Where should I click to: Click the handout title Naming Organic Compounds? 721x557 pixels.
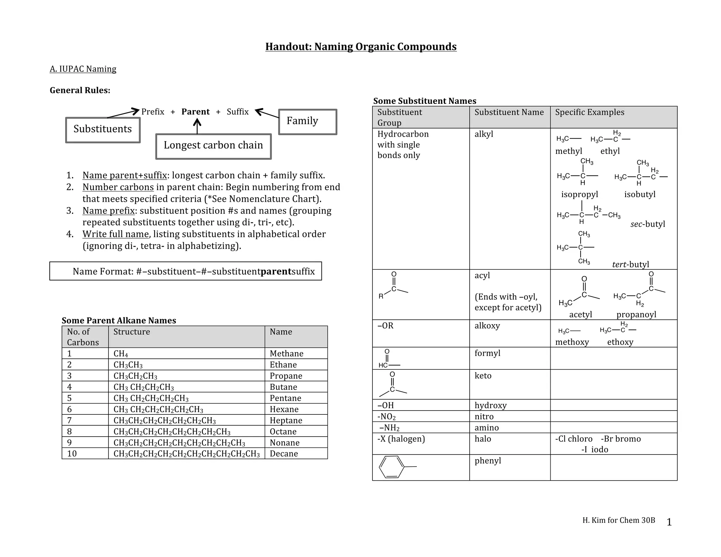[x=361, y=46]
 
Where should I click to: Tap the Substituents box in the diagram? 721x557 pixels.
[x=103, y=130]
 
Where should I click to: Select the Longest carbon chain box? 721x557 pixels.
[x=213, y=146]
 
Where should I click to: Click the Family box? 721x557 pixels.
[x=307, y=121]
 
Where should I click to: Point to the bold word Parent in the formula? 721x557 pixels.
[x=195, y=112]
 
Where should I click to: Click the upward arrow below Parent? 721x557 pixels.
[x=197, y=126]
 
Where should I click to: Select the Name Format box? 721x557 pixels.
[x=186, y=271]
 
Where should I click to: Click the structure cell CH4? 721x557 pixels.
[x=121, y=353]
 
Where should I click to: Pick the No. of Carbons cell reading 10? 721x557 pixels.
[x=72, y=453]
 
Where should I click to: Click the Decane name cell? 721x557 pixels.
[x=284, y=453]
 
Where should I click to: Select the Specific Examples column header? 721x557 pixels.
[x=590, y=112]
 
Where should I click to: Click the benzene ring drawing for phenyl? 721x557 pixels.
[x=391, y=467]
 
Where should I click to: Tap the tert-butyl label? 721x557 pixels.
[x=630, y=264]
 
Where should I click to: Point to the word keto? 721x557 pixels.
[x=483, y=376]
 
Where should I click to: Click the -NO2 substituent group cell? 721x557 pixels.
[x=387, y=417]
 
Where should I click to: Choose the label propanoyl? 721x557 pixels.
[x=636, y=314]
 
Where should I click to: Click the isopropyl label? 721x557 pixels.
[x=579, y=194]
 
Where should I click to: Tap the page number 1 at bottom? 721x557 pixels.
[x=669, y=522]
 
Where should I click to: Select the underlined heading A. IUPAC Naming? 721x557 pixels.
[x=83, y=69]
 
